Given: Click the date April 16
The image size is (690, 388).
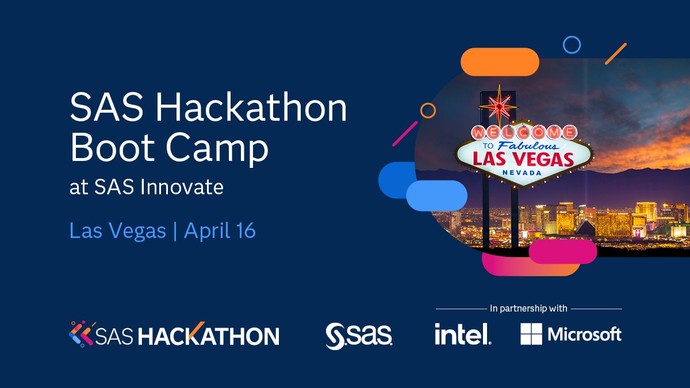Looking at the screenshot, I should click(220, 231).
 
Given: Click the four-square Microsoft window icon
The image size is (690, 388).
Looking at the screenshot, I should click(531, 334).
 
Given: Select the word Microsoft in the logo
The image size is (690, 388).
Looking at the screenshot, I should click(584, 334).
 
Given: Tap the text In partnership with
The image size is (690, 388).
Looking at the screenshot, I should click(528, 309).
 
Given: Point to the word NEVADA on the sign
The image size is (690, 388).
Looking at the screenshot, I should click(522, 172).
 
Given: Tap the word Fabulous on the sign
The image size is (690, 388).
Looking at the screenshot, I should click(520, 145).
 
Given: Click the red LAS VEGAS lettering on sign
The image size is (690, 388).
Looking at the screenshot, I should click(522, 159).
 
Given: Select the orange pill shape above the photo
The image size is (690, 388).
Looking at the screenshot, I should click(500, 62).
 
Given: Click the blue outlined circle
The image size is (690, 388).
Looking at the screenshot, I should click(572, 44).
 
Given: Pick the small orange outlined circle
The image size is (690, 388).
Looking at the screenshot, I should click(428, 110).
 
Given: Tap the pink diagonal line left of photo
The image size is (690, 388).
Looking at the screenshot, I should click(405, 133).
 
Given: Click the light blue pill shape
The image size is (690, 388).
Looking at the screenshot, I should click(436, 195).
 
